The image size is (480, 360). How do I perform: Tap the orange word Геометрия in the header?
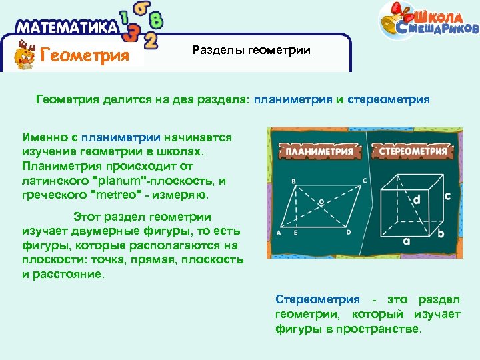(x=84, y=55)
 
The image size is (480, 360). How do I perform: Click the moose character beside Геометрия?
(x=25, y=54)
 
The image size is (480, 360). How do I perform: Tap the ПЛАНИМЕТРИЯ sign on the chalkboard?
(x=319, y=151)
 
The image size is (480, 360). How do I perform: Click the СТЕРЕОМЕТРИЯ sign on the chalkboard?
(x=413, y=151)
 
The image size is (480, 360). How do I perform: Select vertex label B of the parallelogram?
(x=294, y=181)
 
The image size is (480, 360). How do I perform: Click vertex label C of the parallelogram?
(x=364, y=180)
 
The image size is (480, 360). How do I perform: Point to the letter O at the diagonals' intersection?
(x=321, y=201)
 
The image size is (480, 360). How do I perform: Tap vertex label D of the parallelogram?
(x=348, y=232)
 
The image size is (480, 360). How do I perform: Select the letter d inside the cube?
(x=416, y=199)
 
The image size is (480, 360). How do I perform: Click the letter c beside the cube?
(x=447, y=195)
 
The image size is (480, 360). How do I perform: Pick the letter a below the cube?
(x=405, y=242)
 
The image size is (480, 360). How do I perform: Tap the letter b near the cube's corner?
(x=441, y=233)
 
